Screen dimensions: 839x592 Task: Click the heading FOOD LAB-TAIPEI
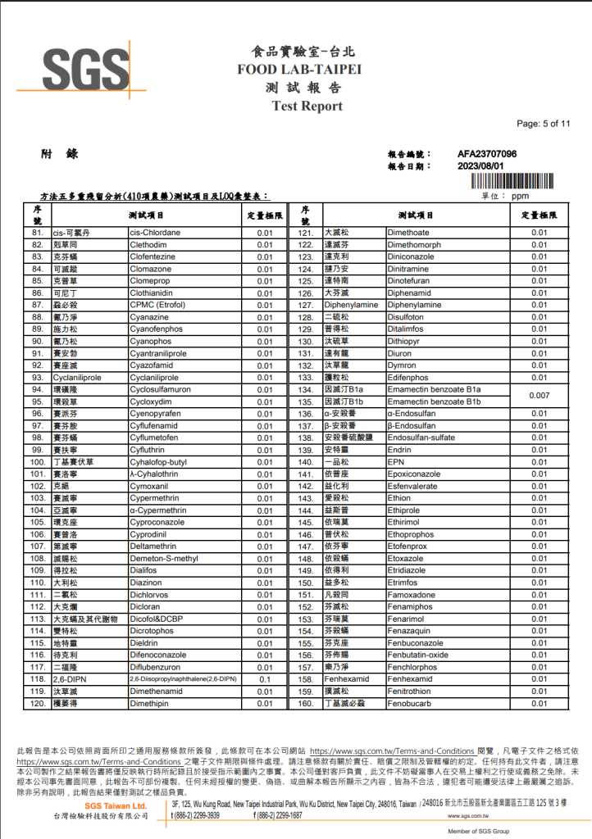299,70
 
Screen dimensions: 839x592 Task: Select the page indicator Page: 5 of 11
543,124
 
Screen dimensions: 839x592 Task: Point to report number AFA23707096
487,154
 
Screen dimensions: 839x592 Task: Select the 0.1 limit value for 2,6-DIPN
265,679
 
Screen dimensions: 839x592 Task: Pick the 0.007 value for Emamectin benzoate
539,396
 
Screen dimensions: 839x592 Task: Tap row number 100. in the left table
38,462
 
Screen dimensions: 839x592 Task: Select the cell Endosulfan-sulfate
421,438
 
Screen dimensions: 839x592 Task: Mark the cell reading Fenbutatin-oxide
418,655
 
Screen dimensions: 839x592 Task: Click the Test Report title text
307,106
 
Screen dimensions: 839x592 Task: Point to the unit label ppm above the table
520,197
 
